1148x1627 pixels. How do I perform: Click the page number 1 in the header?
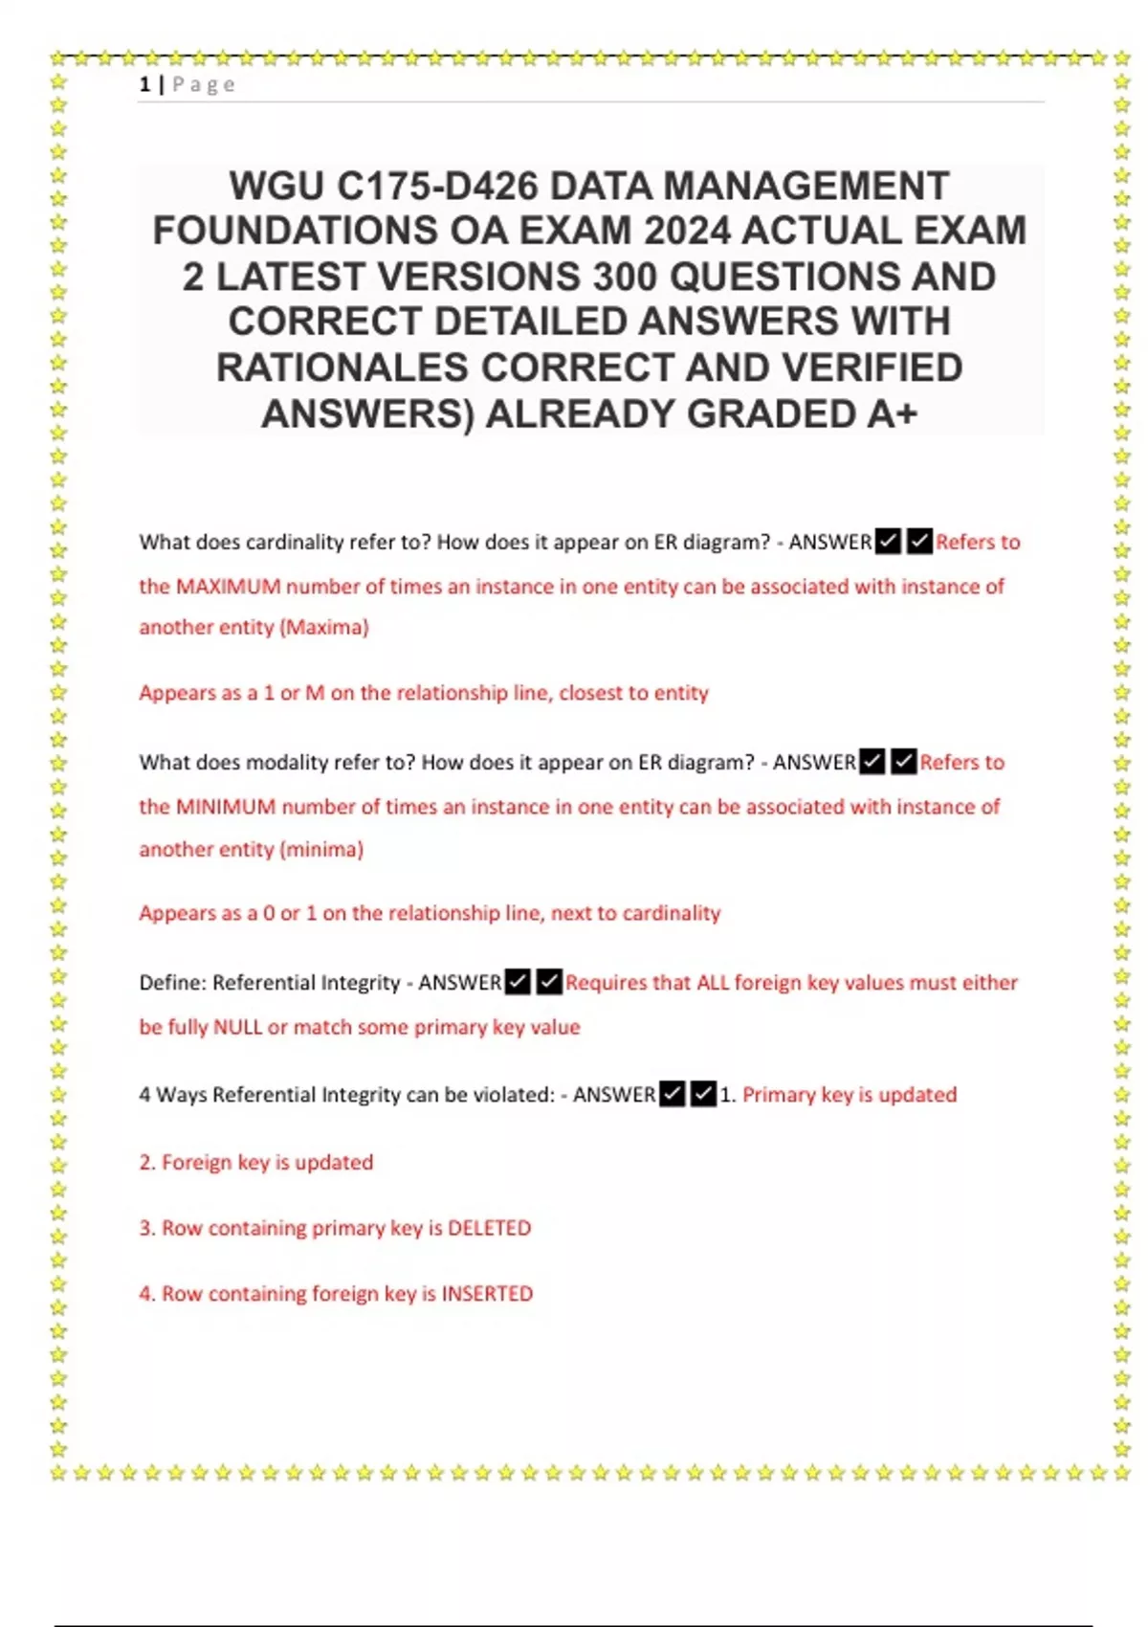coord(144,85)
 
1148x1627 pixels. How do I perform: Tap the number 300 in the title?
coord(625,277)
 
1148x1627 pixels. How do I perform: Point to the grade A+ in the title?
coord(892,414)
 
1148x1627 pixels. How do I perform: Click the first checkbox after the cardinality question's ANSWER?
coord(888,542)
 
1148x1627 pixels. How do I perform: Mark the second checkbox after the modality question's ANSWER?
coord(903,762)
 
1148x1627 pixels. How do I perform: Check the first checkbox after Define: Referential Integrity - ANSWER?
coord(518,982)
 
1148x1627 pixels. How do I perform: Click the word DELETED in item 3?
coord(489,1228)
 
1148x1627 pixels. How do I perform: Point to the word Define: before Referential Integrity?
coord(172,983)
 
